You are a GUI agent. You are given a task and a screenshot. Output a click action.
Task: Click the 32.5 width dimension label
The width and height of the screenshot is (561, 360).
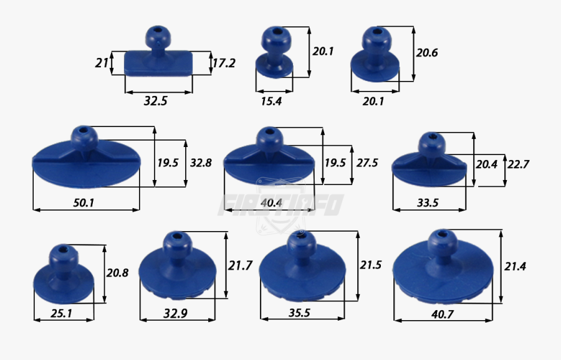pos(155,100)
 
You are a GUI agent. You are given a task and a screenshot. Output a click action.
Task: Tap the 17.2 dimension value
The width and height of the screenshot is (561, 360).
pos(224,63)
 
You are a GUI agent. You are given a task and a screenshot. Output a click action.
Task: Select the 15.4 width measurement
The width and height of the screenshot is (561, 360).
pos(271,101)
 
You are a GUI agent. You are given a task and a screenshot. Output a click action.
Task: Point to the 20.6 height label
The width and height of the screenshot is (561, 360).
pos(427,53)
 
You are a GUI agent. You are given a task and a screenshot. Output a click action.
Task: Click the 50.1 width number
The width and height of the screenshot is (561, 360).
pos(83,202)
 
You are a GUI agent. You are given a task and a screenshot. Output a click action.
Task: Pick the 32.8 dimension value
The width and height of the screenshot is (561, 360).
pos(201,163)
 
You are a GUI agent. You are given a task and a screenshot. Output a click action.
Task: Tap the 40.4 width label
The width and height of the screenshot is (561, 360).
pos(272,202)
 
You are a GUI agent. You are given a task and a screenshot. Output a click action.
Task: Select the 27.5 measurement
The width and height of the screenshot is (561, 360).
pos(367,163)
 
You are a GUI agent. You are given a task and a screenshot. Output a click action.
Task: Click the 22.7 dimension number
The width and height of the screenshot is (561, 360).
pos(519,164)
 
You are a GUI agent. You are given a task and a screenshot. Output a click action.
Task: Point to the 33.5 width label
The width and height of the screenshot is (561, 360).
pos(428,202)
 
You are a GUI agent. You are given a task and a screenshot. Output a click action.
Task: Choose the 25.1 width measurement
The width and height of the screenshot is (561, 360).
pos(60,314)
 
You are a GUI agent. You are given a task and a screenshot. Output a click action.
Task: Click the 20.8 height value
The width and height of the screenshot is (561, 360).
pos(118,273)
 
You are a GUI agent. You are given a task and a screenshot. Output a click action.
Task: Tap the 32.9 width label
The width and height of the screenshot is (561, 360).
pos(175,314)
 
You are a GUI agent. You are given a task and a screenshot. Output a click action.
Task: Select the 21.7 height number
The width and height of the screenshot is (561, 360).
pos(240,266)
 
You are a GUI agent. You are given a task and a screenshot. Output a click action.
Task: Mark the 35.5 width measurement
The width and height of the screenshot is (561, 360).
pos(299,313)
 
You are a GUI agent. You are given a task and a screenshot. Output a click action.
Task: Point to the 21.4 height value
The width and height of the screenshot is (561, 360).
pos(515,266)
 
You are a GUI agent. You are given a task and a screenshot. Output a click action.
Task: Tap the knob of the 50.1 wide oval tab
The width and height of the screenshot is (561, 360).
pos(83,136)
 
